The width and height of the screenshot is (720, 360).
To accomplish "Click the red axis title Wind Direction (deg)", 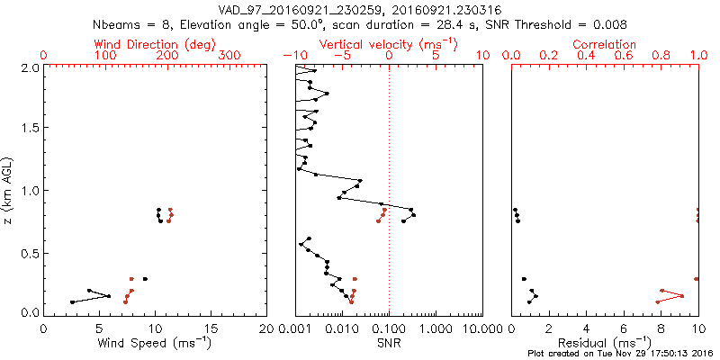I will (155, 44).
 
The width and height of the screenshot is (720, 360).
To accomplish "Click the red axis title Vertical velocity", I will (388, 44).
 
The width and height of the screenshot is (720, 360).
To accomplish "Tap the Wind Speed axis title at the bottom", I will (155, 343).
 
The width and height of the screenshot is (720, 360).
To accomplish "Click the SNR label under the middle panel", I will (388, 343).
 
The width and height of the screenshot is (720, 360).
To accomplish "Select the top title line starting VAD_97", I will (360, 9).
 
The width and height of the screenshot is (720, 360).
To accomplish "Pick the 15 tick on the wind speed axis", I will (211, 328).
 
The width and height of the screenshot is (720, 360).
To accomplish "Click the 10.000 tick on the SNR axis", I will (481, 328).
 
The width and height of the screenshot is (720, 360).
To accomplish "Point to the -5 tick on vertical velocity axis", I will (339, 56).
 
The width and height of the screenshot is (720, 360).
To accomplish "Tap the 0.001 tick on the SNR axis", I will (295, 328).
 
